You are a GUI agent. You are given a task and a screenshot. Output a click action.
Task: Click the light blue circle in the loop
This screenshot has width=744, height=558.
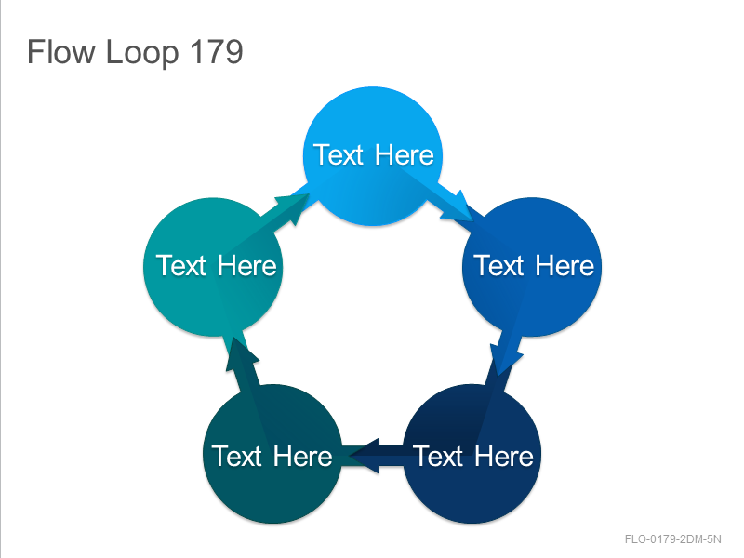coord(373,155)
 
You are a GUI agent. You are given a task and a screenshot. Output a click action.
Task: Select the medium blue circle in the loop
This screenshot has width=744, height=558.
coord(532,267)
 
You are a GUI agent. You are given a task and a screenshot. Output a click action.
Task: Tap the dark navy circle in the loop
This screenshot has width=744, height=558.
coord(472,454)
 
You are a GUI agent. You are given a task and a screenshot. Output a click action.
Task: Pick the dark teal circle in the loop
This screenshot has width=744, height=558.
coord(272,454)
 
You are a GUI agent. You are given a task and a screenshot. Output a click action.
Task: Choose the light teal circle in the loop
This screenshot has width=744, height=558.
coord(213,267)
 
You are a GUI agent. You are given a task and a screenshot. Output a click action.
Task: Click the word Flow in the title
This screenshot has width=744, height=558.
coord(60,51)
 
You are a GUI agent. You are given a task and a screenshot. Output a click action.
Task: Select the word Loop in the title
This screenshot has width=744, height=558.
coord(142,53)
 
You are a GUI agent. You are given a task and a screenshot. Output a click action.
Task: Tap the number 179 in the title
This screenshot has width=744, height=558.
coord(217,51)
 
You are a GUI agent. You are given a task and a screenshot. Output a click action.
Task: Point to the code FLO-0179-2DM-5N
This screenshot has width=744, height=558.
coord(672,539)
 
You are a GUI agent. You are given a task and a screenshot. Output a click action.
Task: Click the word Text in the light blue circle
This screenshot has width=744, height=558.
coord(338,154)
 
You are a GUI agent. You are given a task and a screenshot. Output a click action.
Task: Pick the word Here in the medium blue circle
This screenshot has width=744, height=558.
coord(565,265)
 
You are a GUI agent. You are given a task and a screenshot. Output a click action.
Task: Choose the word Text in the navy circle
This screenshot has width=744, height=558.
coord(437,457)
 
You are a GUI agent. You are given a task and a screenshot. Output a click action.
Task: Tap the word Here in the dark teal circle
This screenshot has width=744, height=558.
coord(303,457)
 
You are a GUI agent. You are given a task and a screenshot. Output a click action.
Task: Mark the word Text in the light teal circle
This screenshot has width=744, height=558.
coord(180,265)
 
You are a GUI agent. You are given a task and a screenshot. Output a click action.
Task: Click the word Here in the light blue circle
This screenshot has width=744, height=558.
coord(405,154)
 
